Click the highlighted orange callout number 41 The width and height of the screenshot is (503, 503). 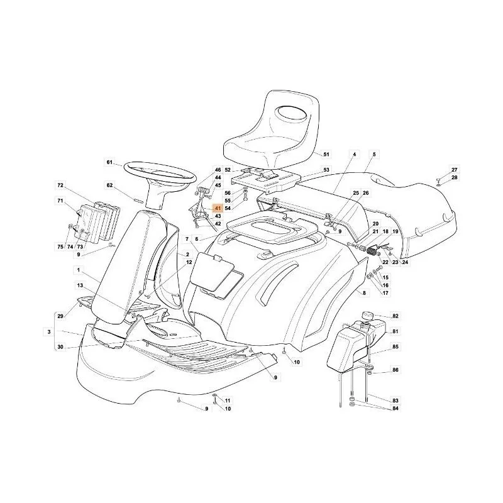click(218, 208)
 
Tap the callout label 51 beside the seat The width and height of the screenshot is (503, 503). click(326, 154)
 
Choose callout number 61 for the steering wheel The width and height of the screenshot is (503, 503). click(109, 162)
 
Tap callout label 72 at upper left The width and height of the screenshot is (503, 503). click(60, 185)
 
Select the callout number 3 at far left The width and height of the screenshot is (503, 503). click(49, 331)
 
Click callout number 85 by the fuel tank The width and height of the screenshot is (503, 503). click(395, 347)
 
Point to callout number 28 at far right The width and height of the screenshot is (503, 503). click(454, 177)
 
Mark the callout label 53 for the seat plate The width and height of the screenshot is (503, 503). click(326, 170)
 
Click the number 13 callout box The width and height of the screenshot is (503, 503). click(80, 285)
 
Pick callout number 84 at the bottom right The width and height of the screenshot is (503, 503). click(395, 408)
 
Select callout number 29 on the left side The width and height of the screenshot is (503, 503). click(60, 316)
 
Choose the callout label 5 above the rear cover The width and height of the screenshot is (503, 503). click(374, 154)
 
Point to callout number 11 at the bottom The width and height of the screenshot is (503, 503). click(228, 401)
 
